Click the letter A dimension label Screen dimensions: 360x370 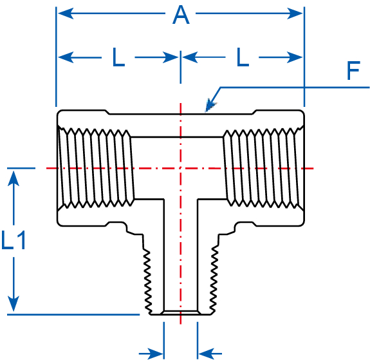181,15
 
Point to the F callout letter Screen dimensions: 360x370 353,71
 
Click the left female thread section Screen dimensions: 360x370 96,168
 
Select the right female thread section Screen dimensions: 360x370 264,168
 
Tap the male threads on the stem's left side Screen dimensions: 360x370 147,277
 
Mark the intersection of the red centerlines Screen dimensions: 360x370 181,168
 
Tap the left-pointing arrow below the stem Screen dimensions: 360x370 206,353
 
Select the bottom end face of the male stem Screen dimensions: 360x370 181,314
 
